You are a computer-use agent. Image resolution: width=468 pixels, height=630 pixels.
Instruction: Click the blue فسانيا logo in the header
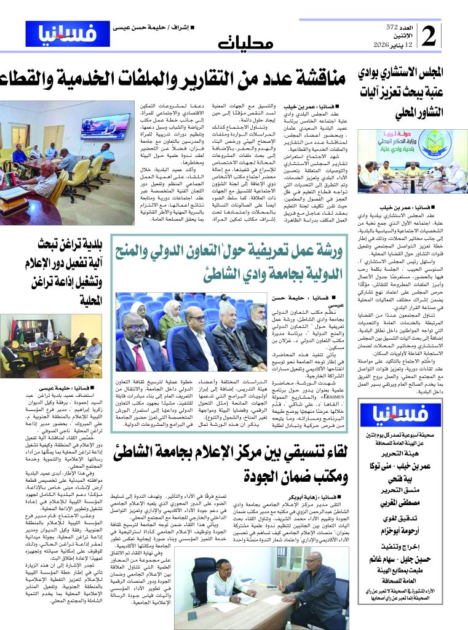[68, 34]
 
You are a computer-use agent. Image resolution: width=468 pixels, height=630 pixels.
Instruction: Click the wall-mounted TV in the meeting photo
[105, 125]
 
